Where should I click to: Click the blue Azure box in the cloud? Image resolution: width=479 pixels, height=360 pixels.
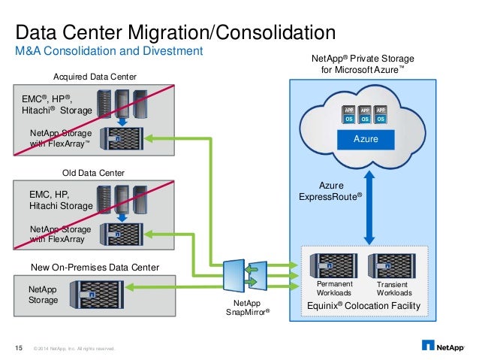[x=364, y=140]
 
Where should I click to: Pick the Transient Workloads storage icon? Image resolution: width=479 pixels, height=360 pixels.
[x=391, y=266]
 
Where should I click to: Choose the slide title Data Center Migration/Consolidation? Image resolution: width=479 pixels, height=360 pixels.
[x=175, y=32]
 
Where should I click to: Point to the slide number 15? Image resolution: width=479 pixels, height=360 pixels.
[x=20, y=347]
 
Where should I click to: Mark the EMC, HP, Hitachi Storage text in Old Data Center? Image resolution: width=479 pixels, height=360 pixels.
[x=60, y=199]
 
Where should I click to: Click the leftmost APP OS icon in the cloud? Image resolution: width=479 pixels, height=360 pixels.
[x=349, y=113]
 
